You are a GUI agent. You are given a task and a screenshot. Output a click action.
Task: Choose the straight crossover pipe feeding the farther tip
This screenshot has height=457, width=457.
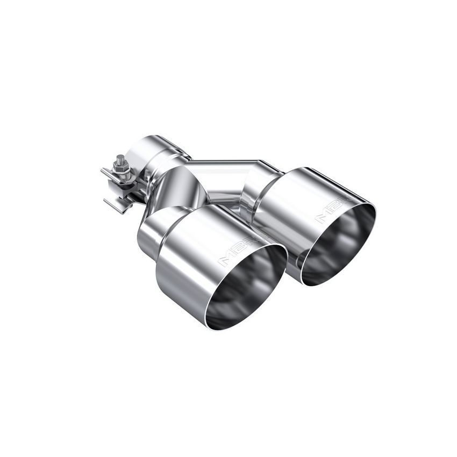(226, 164)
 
